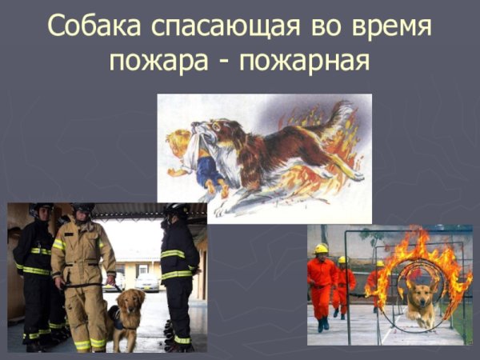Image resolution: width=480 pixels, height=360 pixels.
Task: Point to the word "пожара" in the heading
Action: click(x=151, y=60)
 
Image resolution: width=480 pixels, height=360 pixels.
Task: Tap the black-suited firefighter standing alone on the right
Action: click(x=177, y=272)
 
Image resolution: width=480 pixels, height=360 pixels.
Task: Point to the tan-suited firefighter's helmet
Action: click(x=81, y=209)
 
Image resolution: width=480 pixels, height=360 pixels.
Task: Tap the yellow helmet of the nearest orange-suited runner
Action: click(x=322, y=249)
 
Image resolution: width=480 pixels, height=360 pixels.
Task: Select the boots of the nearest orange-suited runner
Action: click(x=322, y=325)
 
